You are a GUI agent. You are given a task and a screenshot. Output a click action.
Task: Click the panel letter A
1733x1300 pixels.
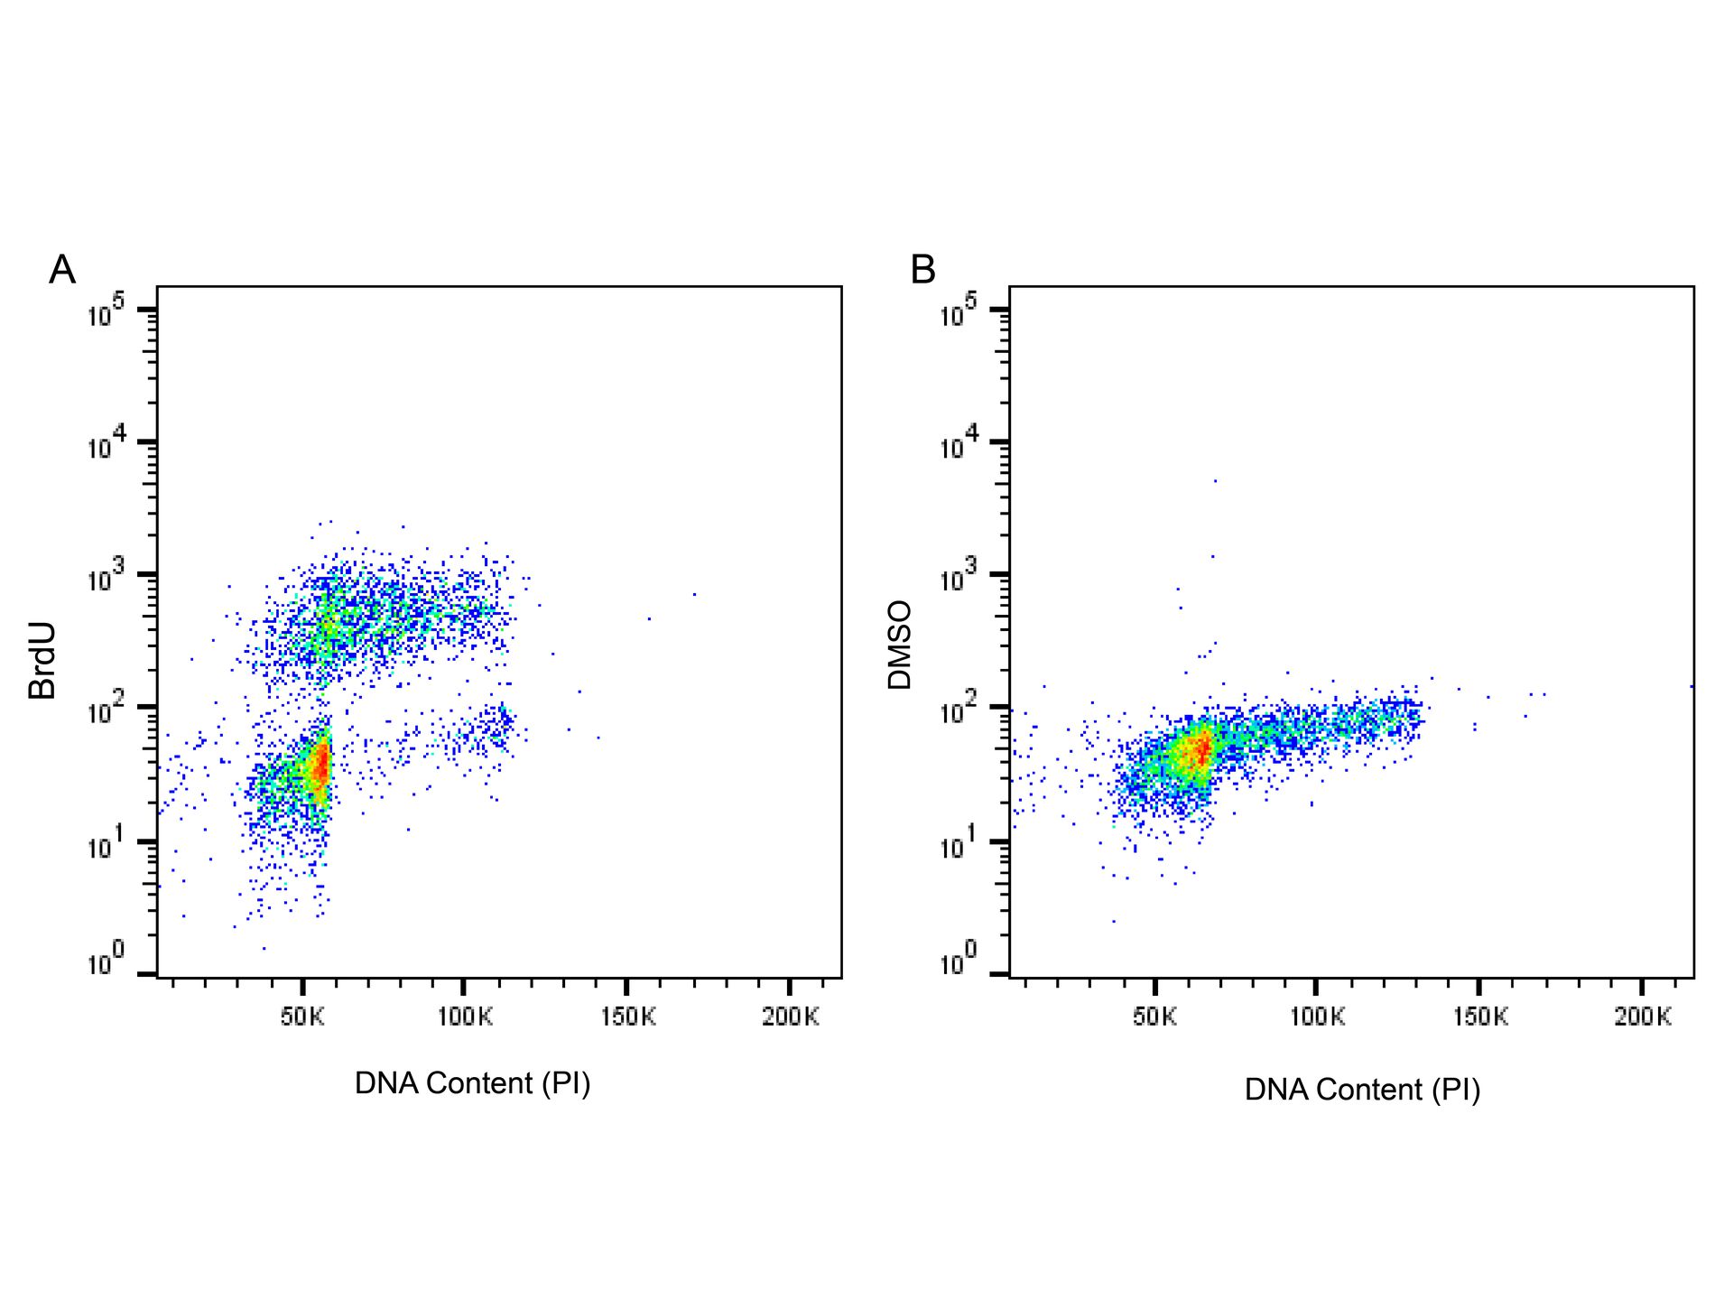[62, 270]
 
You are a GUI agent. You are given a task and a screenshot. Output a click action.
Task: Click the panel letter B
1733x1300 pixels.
[922, 270]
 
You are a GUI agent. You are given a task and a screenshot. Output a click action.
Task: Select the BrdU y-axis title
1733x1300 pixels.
[42, 661]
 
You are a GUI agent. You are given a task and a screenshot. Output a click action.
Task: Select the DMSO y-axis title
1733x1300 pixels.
[900, 645]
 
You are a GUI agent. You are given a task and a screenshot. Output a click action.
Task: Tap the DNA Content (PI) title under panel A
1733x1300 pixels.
[472, 1083]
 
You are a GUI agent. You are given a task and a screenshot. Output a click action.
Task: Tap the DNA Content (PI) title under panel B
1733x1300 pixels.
[1362, 1090]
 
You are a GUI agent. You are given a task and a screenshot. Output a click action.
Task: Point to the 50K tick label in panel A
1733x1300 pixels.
[301, 1017]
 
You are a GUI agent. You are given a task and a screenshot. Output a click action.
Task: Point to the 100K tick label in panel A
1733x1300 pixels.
[465, 1017]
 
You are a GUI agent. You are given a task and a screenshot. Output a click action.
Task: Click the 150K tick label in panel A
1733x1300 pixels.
[628, 1017]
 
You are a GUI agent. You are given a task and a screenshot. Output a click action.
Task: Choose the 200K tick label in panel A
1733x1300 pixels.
[791, 1017]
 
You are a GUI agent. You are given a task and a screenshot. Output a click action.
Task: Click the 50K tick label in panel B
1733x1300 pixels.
[1154, 1017]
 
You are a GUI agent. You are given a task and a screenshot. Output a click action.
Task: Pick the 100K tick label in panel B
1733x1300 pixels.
[1317, 1017]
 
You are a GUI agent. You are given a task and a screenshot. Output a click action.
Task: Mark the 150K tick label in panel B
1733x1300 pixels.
[1480, 1017]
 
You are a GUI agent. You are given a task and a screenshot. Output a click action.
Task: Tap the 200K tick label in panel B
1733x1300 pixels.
[1643, 1017]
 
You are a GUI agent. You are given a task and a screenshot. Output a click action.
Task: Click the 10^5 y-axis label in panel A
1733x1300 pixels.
[106, 313]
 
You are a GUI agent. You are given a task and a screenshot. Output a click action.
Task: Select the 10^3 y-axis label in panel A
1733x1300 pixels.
[106, 578]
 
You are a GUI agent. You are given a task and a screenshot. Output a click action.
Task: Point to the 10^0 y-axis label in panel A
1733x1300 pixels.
[106, 962]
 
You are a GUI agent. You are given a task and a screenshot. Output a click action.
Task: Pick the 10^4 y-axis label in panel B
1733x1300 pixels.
[959, 445]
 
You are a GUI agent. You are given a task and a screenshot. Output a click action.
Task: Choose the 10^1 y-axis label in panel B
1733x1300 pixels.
[959, 845]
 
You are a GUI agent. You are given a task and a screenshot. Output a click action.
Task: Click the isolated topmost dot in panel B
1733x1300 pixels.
[1215, 481]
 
